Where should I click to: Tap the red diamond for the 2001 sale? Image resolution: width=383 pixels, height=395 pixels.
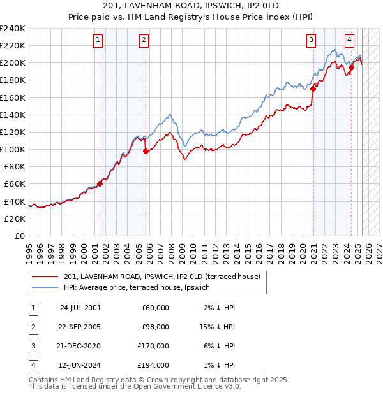pyautogui.click(x=100, y=183)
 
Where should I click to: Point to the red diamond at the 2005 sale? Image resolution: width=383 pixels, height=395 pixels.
pyautogui.click(x=146, y=151)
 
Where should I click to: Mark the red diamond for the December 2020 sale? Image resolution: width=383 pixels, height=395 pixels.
pyautogui.click(x=313, y=89)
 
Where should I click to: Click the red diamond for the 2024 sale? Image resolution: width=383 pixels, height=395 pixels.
pyautogui.click(x=351, y=68)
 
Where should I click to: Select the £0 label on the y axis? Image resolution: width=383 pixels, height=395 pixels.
pyautogui.click(x=19, y=236)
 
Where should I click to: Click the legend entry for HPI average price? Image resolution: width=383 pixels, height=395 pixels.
pyautogui.click(x=137, y=288)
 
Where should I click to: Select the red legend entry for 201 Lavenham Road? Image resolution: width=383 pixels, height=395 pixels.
pyautogui.click(x=161, y=277)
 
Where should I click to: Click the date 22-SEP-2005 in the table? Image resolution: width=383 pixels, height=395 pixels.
pyautogui.click(x=80, y=327)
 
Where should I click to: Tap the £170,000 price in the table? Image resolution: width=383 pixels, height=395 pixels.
pyautogui.click(x=153, y=347)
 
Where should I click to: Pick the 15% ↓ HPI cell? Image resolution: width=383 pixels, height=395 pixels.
pyautogui.click(x=217, y=327)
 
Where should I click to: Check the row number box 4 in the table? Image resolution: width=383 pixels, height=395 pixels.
pyautogui.click(x=31, y=366)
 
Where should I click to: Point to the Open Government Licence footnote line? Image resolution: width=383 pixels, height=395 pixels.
pyautogui.click(x=135, y=386)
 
